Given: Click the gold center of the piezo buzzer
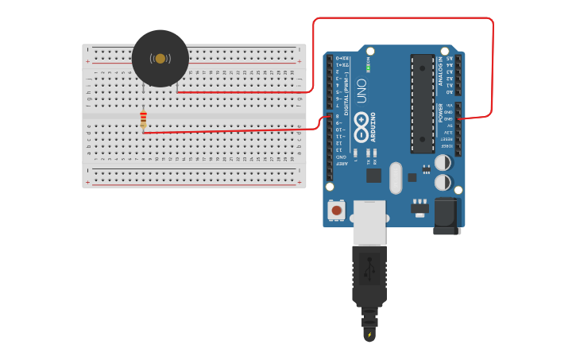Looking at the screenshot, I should [160, 59].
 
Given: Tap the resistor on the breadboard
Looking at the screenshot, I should [144, 119].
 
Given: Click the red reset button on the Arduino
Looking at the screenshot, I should [337, 211].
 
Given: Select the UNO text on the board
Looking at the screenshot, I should [361, 85].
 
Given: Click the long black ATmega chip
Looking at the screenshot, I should [422, 103].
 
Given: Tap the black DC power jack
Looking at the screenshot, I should [446, 215].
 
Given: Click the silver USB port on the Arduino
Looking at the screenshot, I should [369, 222].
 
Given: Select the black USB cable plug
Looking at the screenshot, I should [369, 274].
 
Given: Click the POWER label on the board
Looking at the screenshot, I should [441, 113].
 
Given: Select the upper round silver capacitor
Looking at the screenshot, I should [443, 162].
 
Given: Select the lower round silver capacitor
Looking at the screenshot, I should [443, 182].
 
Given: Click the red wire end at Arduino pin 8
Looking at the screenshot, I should [329, 118].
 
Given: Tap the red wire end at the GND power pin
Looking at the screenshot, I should [460, 119].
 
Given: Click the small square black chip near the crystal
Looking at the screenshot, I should [373, 175].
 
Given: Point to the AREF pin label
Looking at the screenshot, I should [340, 164].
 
